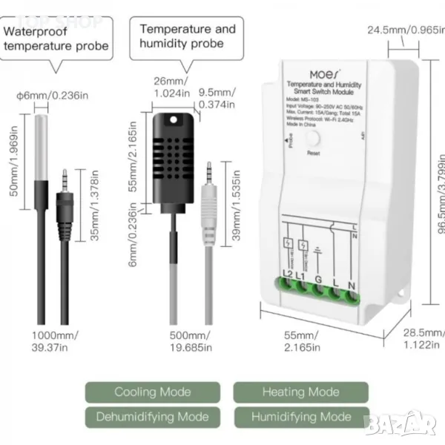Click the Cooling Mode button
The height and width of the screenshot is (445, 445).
[x=152, y=392]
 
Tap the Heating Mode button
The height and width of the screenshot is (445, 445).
[x=300, y=392]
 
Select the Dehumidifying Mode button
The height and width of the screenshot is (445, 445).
[x=152, y=416]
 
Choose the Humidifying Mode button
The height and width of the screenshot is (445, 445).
[x=300, y=416]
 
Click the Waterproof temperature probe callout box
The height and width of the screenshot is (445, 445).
[x=57, y=39]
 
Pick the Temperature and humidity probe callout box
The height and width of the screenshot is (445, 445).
[x=187, y=36]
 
